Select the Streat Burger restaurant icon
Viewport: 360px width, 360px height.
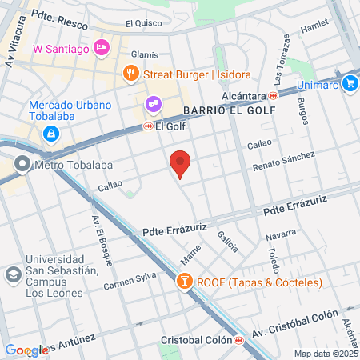[131, 74]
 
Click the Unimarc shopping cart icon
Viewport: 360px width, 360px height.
[350, 82]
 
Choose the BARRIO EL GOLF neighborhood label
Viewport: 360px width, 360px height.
[228, 110]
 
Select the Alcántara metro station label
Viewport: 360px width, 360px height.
[244, 94]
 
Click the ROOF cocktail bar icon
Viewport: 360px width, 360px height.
[185, 282]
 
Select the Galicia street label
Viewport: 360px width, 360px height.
[226, 238]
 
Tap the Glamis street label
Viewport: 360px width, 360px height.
[145, 54]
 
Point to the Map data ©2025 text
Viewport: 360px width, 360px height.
[324, 354]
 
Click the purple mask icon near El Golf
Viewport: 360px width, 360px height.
[153, 104]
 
